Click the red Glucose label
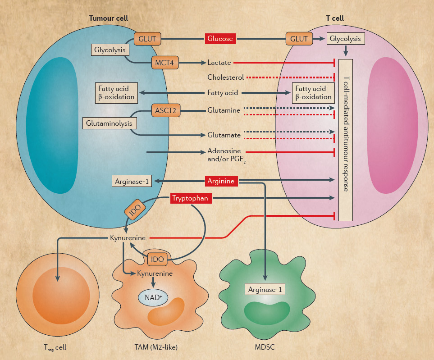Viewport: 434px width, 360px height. (x=220, y=39)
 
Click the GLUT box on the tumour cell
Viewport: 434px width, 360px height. (x=147, y=39)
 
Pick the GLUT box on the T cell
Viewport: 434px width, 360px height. (x=299, y=39)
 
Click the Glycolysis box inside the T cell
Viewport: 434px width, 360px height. (x=345, y=39)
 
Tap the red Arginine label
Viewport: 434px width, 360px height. (x=221, y=181)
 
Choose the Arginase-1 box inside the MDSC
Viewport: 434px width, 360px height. (x=265, y=289)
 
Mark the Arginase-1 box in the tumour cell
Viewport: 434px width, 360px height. (x=132, y=181)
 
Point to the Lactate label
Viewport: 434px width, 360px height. (x=219, y=63)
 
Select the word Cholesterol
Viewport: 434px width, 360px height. (x=226, y=77)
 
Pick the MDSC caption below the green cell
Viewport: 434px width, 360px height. (x=265, y=347)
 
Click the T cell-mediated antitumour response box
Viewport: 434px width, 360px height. (x=345, y=140)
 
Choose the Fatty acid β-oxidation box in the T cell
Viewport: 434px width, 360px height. (x=313, y=93)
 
